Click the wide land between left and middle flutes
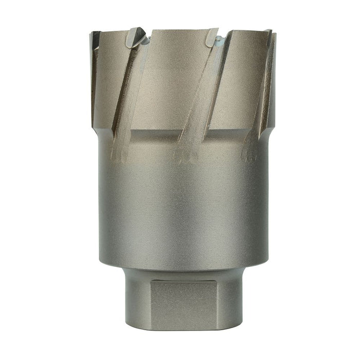(165, 77)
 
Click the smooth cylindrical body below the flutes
(180, 206)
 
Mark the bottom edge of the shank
(180, 328)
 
